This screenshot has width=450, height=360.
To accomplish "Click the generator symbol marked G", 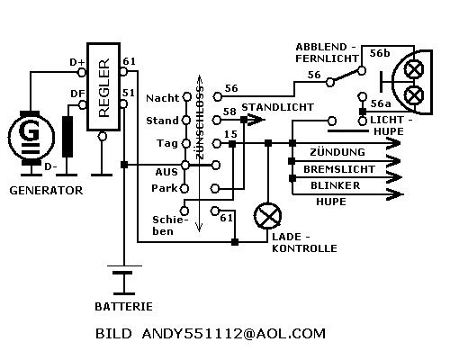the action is click(31, 138).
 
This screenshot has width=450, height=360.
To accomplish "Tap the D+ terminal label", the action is click(77, 62).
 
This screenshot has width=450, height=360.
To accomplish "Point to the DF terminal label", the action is click(77, 94).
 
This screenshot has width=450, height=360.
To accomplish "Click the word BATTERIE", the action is click(123, 307).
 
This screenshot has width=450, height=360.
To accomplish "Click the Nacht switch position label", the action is click(162, 98).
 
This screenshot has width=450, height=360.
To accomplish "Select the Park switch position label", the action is click(165, 188).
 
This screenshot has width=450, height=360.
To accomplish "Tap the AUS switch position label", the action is click(166, 172).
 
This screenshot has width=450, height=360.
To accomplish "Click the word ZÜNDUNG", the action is click(337, 152).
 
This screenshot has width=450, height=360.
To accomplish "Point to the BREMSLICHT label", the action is click(339, 169).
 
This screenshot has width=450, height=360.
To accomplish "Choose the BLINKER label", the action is click(336, 185).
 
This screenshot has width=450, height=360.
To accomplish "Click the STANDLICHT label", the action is click(278, 107).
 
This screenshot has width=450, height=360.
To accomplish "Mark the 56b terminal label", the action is click(380, 53).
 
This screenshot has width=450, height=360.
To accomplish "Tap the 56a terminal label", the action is click(381, 103).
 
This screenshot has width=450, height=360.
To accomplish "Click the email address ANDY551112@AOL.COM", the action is click(234, 334).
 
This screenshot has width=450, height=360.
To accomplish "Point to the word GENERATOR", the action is click(46, 191).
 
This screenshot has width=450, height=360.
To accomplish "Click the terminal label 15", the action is click(230, 134).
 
